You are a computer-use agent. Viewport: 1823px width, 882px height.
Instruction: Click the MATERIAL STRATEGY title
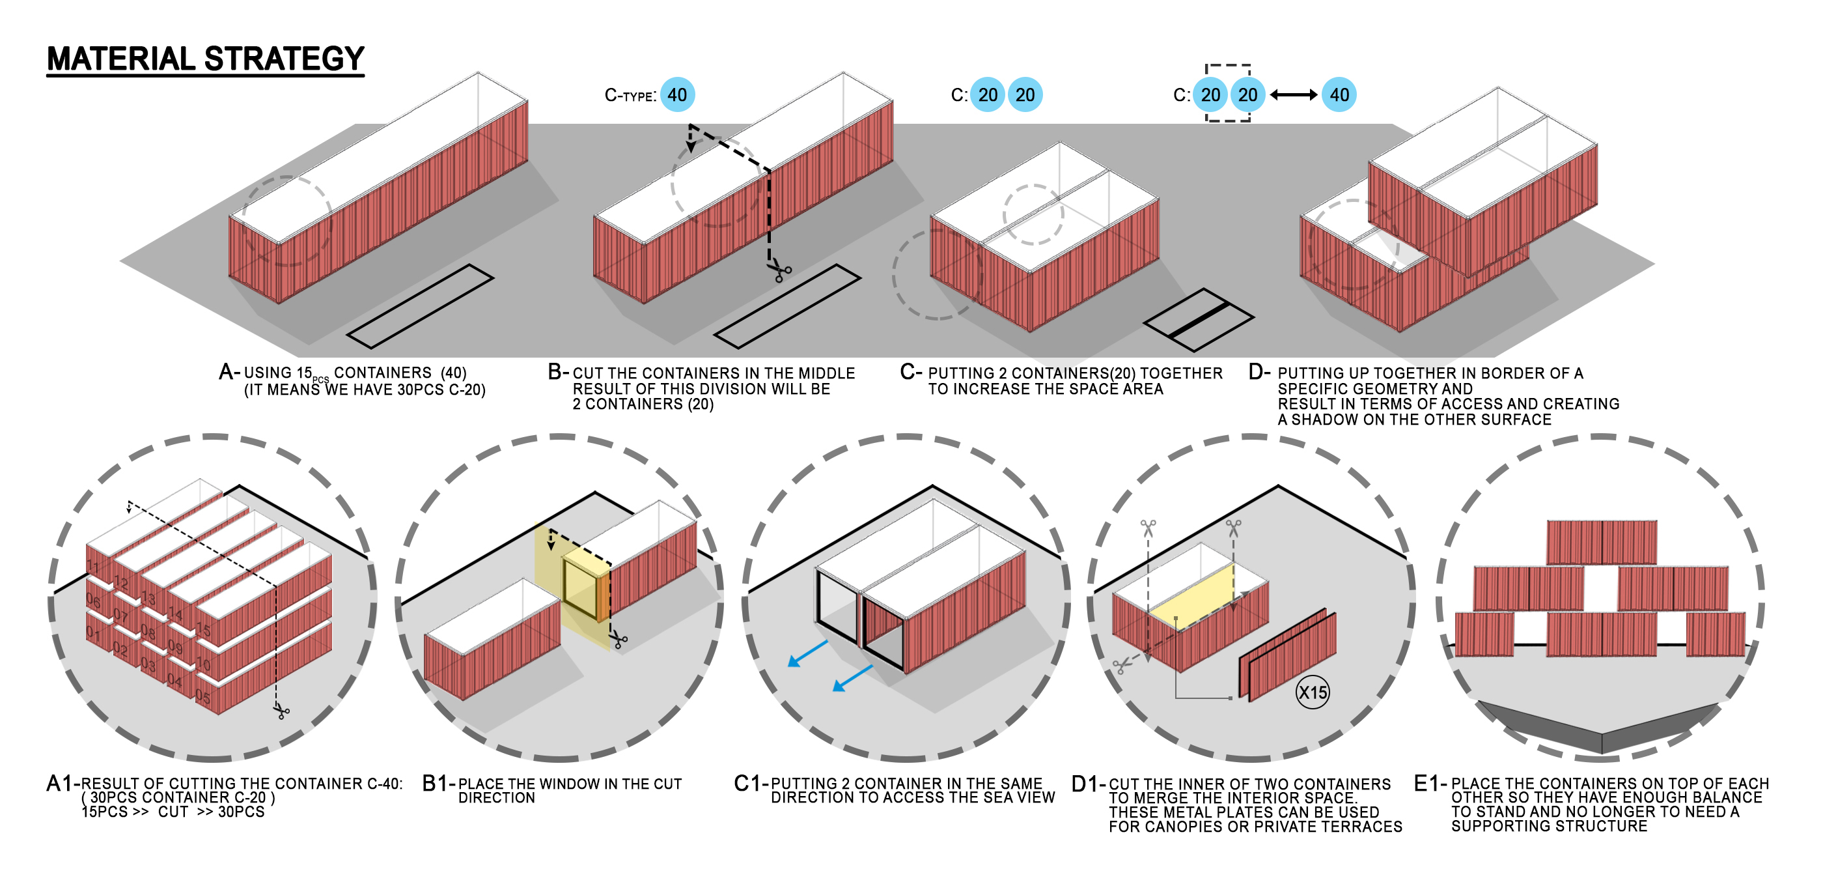[205, 59]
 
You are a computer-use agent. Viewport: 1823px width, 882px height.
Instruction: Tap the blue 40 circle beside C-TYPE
[677, 95]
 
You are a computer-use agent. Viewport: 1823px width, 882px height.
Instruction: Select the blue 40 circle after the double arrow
[1339, 95]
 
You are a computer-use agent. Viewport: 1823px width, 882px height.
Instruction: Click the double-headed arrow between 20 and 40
[1293, 95]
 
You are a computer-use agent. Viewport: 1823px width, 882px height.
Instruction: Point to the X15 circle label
[1312, 692]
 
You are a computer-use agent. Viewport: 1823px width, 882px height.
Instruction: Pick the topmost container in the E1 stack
[1601, 542]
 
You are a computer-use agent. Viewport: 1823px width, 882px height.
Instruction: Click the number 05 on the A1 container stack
[203, 697]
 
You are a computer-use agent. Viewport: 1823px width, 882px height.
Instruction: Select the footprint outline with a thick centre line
[1198, 320]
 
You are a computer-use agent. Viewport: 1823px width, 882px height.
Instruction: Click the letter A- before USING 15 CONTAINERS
[227, 372]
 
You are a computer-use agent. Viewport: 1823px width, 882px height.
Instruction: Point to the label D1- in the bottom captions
[1088, 784]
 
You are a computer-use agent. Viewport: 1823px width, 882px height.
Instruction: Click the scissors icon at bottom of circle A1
[282, 711]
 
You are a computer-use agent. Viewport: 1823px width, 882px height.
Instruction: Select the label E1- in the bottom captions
[1430, 784]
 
